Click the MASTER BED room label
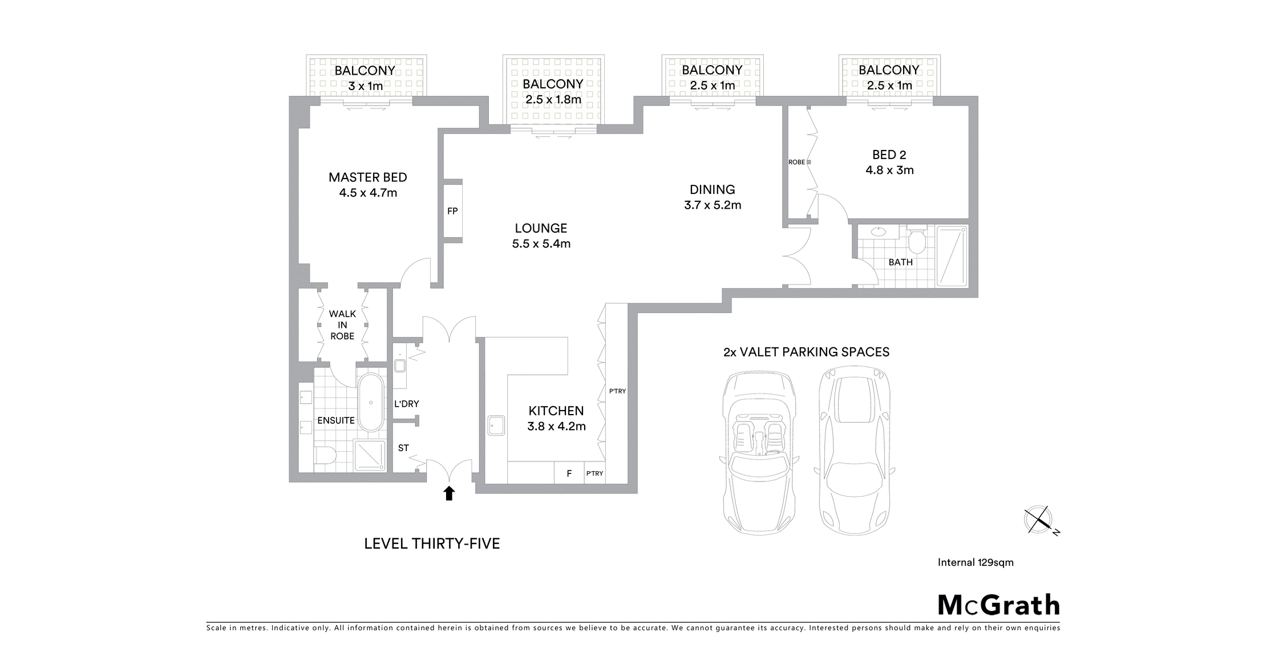368,177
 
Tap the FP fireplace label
452,211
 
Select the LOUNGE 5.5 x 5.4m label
541,236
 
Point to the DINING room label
713,189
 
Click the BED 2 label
889,155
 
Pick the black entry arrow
449,493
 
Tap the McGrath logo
999,606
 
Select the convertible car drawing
759,453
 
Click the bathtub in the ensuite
371,403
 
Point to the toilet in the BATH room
917,241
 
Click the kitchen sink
496,425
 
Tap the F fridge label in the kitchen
569,473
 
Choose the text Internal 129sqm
975,562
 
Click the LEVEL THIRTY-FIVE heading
432,543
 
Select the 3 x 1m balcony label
366,86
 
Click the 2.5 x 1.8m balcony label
553,100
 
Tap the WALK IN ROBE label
342,325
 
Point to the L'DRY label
407,404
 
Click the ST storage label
403,448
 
